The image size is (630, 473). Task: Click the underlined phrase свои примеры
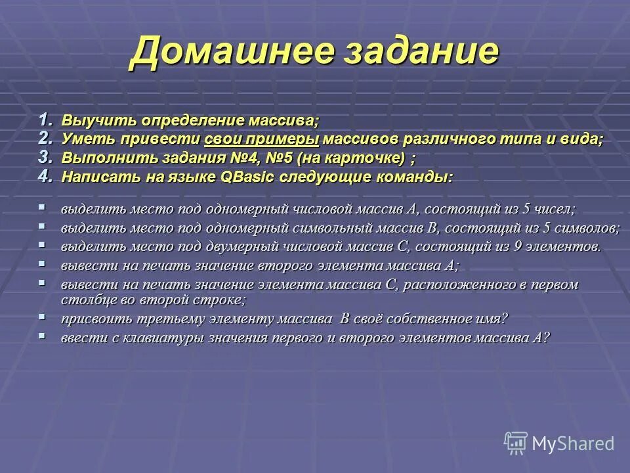[261, 139]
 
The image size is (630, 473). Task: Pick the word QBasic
[250, 177]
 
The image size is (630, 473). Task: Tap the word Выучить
[90, 121]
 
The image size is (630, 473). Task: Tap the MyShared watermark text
[573, 443]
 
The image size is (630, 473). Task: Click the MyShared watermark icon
[516, 443]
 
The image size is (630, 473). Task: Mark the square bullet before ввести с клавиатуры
[42, 335]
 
